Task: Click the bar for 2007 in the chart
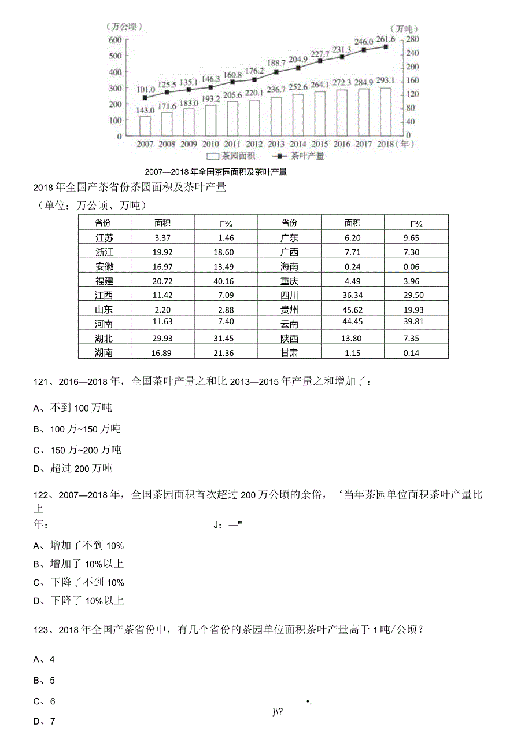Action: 145,126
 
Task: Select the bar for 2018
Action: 385,112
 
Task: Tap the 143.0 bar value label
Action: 145,111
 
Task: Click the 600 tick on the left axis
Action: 114,39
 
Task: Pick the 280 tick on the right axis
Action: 412,39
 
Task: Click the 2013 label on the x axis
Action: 276,144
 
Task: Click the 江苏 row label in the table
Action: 105,237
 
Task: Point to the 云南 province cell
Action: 289,324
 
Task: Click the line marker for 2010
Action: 211,87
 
